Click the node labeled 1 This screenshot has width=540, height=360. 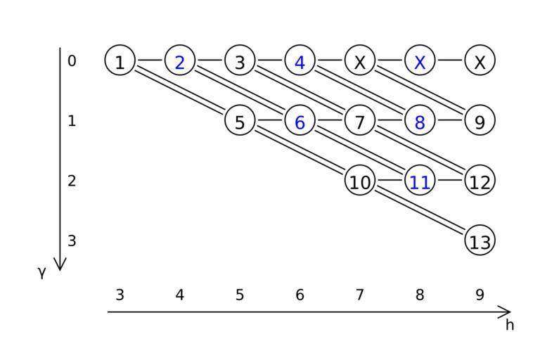120,61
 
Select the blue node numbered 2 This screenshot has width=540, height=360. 180,61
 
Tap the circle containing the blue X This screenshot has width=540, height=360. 420,61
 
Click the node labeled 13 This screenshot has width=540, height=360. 480,241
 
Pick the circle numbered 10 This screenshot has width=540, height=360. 359,181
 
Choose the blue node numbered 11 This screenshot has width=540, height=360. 420,181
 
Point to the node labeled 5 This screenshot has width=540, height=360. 240,121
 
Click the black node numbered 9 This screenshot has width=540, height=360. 480,121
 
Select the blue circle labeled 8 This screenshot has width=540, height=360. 420,121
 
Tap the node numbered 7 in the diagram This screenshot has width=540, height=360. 359,121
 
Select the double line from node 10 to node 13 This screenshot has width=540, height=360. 420,211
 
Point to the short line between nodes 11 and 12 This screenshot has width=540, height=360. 450,181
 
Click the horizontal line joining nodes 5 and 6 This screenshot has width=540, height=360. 270,121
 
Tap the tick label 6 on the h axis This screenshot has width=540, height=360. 300,295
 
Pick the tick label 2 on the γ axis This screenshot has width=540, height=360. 72,181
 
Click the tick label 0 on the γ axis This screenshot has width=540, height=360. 72,61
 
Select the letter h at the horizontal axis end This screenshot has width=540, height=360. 510,325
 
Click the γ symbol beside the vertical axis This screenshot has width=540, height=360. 41,272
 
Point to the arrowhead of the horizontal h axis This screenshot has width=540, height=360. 506,311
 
